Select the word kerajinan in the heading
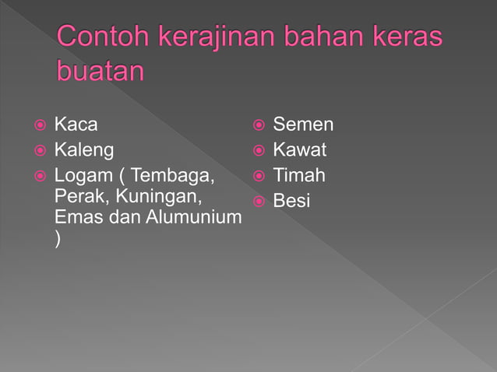pos(221,38)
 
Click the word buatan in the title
pos(101,72)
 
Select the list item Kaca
pos(76,124)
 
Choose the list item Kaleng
pos(83,149)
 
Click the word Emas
pos(79,217)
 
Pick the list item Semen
pos(303,124)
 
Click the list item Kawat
pos(299,149)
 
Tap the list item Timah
pos(298,175)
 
